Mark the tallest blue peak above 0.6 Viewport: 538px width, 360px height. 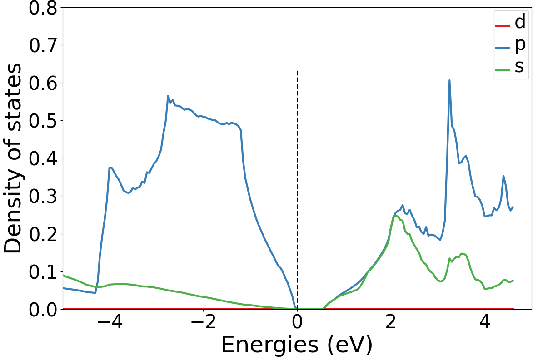coord(449,80)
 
